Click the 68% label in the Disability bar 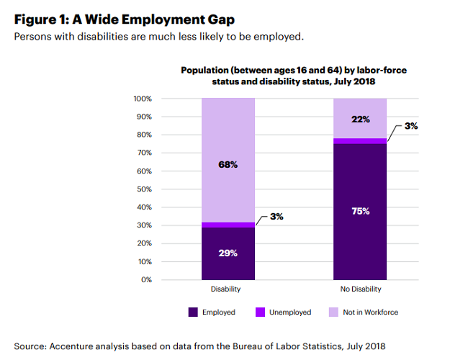pyautogui.click(x=228, y=165)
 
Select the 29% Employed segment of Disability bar pyautogui.click(x=228, y=253)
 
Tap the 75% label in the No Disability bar pyautogui.click(x=360, y=211)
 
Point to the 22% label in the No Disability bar pyautogui.click(x=360, y=118)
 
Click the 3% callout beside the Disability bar pyautogui.click(x=276, y=216)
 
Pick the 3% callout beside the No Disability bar pyautogui.click(x=411, y=126)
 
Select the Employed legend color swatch pyautogui.click(x=193, y=312)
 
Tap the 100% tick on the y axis pyautogui.click(x=143, y=99)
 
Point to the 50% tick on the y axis pyautogui.click(x=144, y=189)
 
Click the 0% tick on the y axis pyautogui.click(x=146, y=279)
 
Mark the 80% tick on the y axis pyautogui.click(x=144, y=135)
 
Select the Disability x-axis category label pyautogui.click(x=225, y=289)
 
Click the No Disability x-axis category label pyautogui.click(x=360, y=289)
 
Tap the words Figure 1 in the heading pyautogui.click(x=45, y=19)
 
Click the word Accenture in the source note pyautogui.click(x=74, y=346)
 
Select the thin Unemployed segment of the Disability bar pyautogui.click(x=228, y=225)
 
